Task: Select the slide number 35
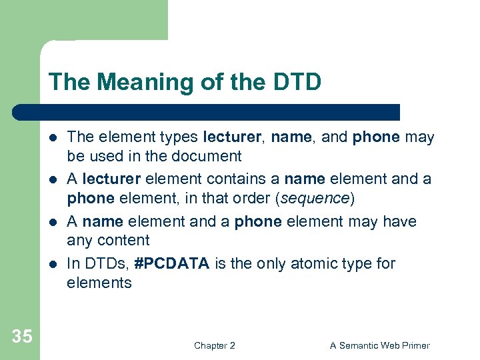click(x=21, y=337)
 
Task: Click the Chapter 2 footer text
click(x=214, y=345)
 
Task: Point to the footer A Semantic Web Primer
click(x=379, y=345)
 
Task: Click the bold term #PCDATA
click(x=171, y=264)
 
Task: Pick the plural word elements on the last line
click(x=99, y=283)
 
